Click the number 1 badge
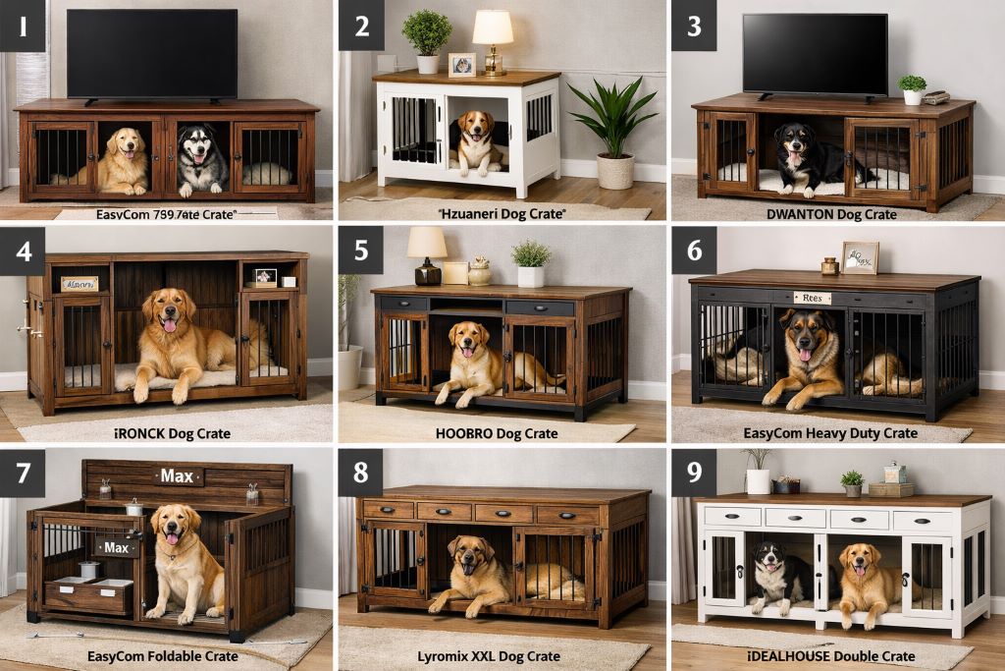point(23,26)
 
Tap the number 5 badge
point(360,250)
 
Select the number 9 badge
point(693,473)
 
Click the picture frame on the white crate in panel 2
point(461,65)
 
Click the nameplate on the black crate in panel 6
point(812,298)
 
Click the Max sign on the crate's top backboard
point(177,476)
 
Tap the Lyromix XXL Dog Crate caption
point(502,655)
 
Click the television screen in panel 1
point(151,53)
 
